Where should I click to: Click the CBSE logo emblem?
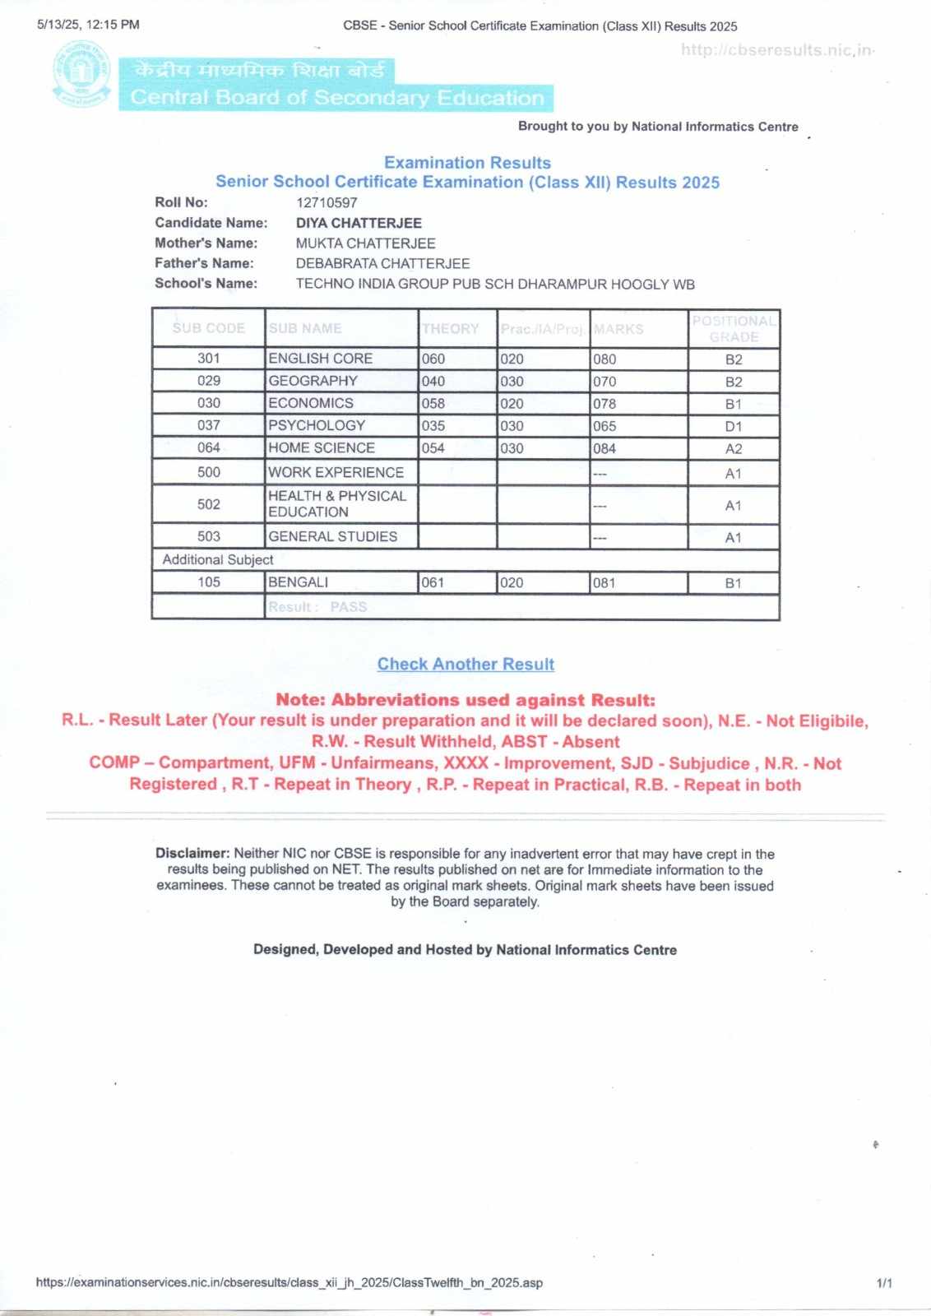pyautogui.click(x=81, y=75)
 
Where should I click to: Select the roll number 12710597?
pyautogui.click(x=327, y=202)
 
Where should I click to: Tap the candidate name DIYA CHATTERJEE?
pyautogui.click(x=359, y=223)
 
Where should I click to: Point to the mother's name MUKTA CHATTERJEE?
pyautogui.click(x=365, y=243)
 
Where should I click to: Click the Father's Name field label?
pyautogui.click(x=204, y=263)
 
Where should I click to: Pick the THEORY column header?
pyautogui.click(x=450, y=329)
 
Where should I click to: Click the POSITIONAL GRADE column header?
pyautogui.click(x=734, y=329)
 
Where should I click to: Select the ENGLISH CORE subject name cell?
pyautogui.click(x=320, y=359)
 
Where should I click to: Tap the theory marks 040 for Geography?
pyautogui.click(x=433, y=382)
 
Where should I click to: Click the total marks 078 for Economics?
pyautogui.click(x=604, y=404)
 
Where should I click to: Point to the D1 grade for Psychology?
pyautogui.click(x=734, y=426)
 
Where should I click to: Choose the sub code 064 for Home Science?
pyautogui.click(x=209, y=447)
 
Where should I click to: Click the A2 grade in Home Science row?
pyautogui.click(x=734, y=449)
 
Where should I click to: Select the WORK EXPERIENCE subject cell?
pyautogui.click(x=336, y=472)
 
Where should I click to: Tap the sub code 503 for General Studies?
pyautogui.click(x=209, y=536)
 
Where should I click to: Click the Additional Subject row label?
pyautogui.click(x=218, y=559)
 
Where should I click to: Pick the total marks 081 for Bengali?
pyautogui.click(x=604, y=583)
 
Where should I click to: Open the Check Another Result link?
pyautogui.click(x=465, y=664)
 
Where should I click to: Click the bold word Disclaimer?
pyautogui.click(x=192, y=854)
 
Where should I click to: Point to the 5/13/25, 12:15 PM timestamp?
pyautogui.click(x=88, y=25)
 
